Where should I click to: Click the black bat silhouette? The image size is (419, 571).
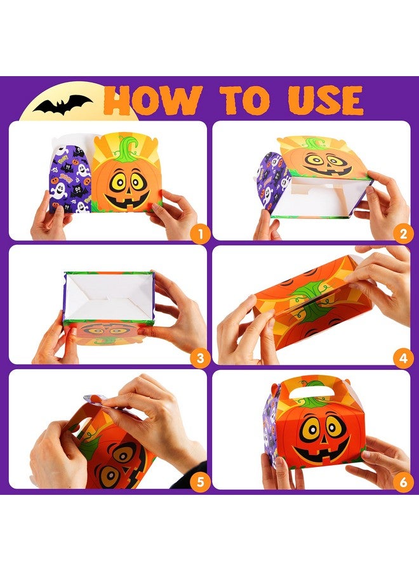pyautogui.click(x=63, y=104)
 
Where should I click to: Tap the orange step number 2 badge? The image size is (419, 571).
pyautogui.click(x=402, y=234)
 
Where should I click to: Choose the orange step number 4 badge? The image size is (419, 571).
pyautogui.click(x=402, y=358)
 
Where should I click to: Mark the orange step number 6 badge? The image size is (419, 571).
pyautogui.click(x=402, y=482)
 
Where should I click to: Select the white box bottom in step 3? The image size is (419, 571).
pyautogui.click(x=108, y=294)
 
